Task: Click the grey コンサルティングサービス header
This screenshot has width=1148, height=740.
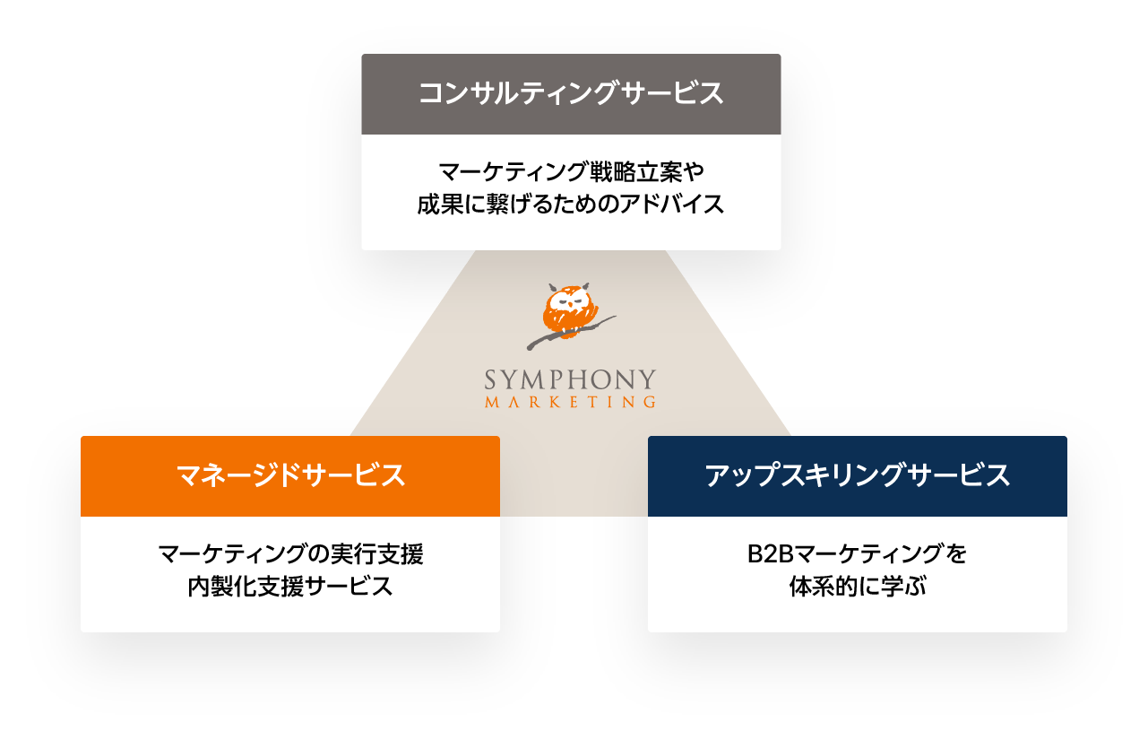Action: [571, 94]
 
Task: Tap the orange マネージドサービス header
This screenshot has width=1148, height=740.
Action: [289, 476]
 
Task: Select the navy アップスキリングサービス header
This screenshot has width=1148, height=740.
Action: [857, 476]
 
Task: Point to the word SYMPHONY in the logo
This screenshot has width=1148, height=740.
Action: [570, 380]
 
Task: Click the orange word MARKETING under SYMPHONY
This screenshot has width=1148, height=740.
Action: [570, 403]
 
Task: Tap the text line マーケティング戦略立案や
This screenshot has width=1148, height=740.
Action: [571, 170]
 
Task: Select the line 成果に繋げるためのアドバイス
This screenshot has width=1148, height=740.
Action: [571, 205]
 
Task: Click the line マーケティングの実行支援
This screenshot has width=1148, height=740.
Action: [289, 553]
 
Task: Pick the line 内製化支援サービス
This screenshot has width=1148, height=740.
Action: [289, 588]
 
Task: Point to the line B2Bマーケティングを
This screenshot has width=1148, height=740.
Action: [857, 553]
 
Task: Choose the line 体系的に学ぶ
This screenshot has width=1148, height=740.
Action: [857, 588]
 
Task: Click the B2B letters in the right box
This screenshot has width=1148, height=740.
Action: [766, 553]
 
